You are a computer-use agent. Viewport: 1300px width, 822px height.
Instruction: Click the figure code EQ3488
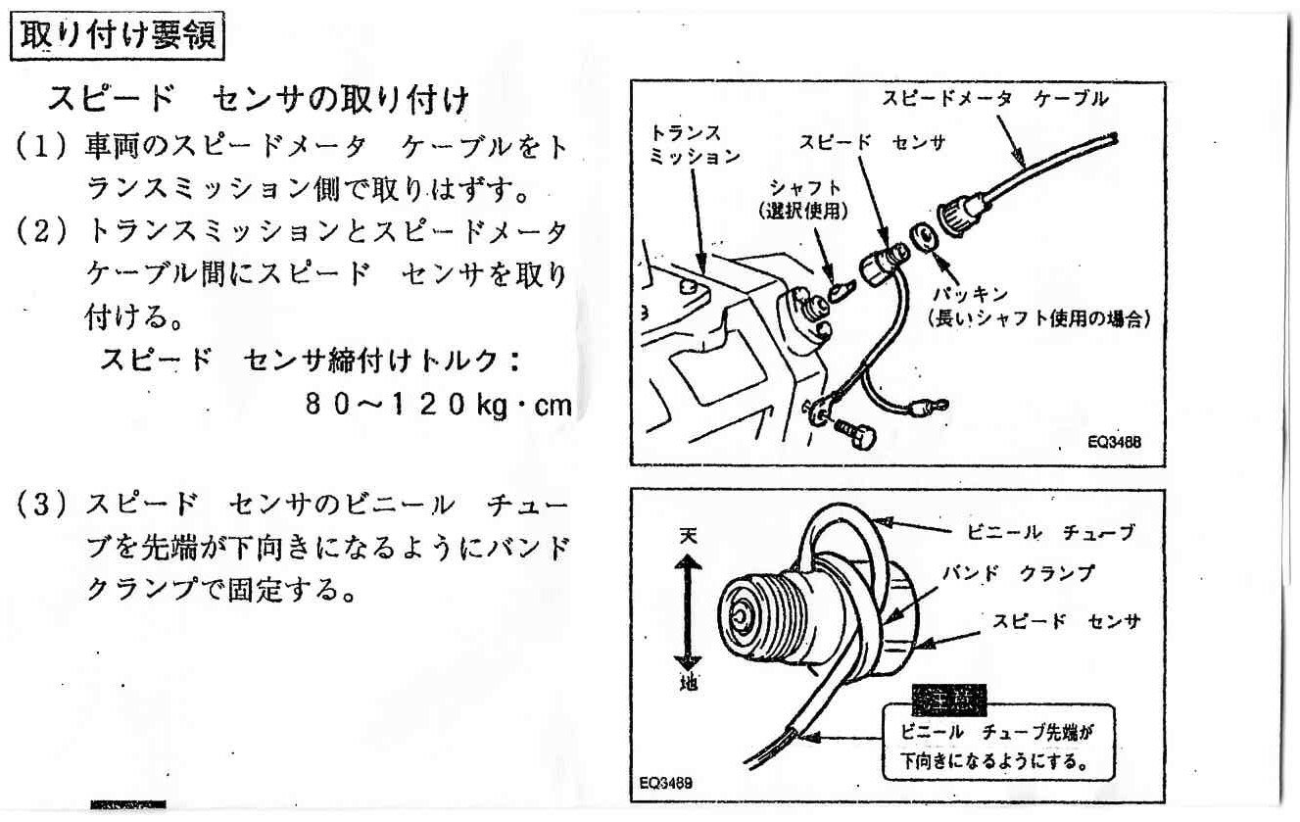click(1112, 443)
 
